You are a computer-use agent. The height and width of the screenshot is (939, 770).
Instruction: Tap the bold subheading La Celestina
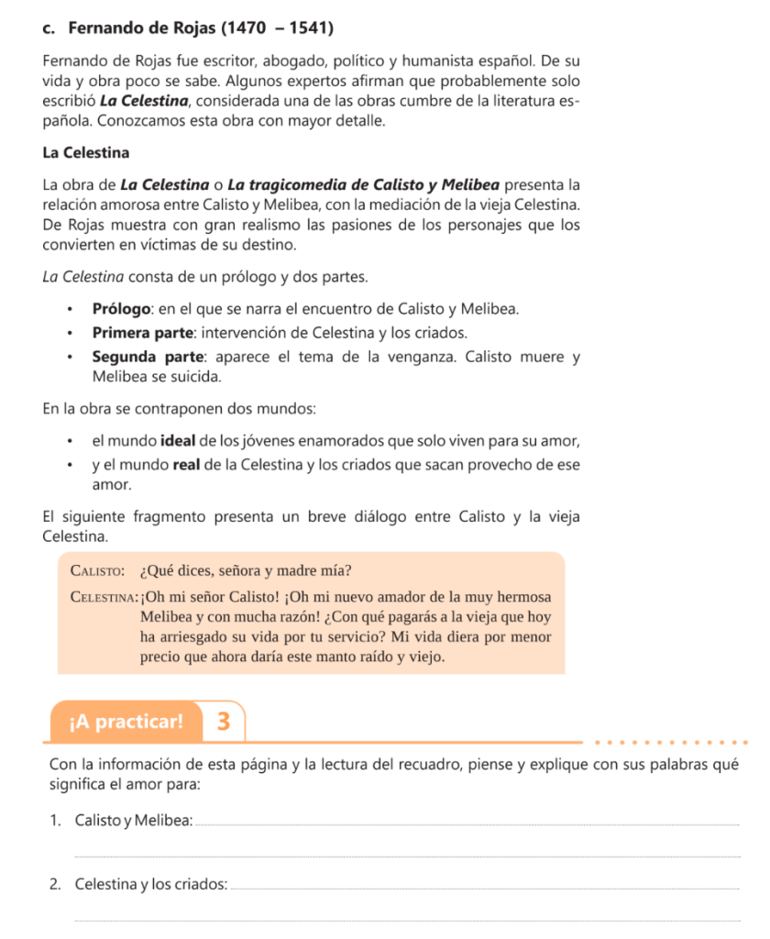click(x=85, y=152)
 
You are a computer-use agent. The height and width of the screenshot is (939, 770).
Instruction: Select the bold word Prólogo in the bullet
click(x=127, y=309)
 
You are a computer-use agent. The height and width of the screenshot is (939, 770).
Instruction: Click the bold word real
click(x=187, y=464)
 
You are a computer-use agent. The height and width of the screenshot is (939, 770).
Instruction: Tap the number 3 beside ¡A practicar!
click(x=223, y=721)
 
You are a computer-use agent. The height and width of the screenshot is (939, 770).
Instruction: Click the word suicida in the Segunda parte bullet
click(x=194, y=376)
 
